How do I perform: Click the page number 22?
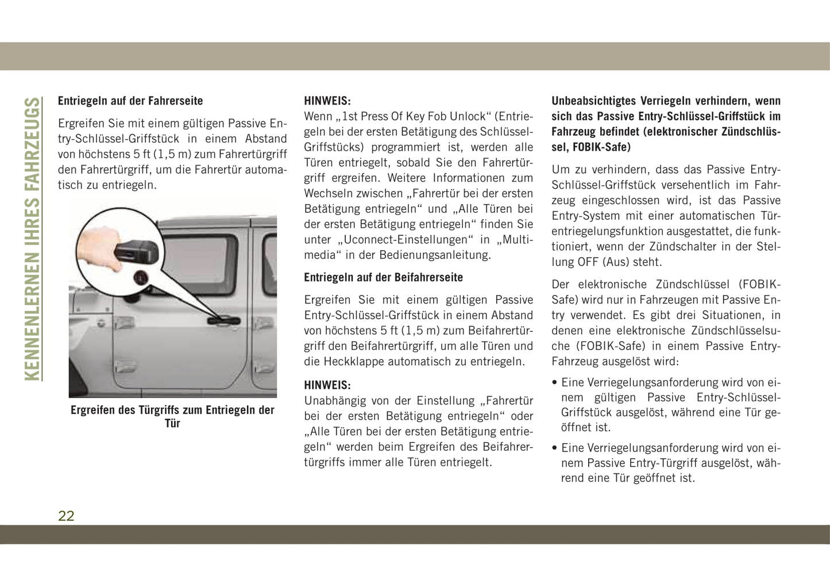(66, 515)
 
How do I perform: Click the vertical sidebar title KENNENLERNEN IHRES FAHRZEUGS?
(33, 239)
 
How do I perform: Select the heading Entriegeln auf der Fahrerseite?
(130, 101)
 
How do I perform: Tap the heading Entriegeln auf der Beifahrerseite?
(383, 277)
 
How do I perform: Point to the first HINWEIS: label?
(327, 101)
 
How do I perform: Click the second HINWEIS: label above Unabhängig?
(327, 385)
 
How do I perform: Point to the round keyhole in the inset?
(141, 278)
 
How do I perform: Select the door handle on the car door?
(224, 320)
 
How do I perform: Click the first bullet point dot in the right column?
(554, 382)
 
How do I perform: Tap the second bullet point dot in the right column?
(554, 448)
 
